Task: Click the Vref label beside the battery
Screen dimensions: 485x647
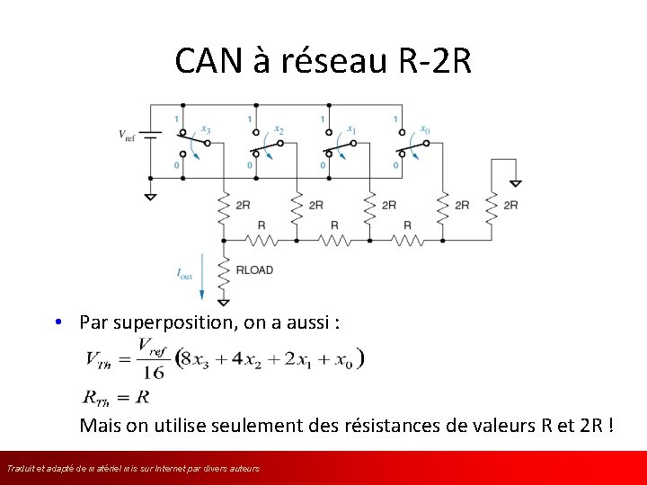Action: (x=129, y=135)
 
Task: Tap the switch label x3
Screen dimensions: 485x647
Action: (x=206, y=130)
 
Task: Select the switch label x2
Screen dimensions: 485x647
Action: (x=279, y=130)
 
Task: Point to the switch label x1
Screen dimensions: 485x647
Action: (x=351, y=130)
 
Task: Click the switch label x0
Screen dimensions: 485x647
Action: (x=425, y=130)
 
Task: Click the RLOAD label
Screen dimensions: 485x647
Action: (x=253, y=269)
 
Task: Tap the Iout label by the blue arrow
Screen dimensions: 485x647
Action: (x=184, y=274)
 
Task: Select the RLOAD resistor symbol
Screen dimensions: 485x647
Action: (x=223, y=269)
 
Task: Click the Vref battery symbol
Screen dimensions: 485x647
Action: (x=151, y=136)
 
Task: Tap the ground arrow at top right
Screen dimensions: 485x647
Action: (x=515, y=183)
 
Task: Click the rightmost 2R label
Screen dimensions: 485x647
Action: (x=510, y=206)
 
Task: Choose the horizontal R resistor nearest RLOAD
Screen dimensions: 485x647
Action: (x=261, y=240)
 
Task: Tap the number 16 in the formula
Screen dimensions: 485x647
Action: (x=153, y=371)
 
